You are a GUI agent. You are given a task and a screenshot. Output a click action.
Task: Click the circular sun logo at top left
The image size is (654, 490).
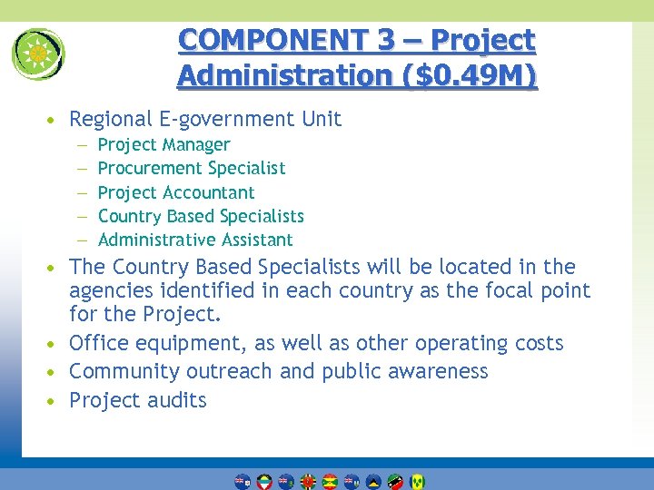click(38, 54)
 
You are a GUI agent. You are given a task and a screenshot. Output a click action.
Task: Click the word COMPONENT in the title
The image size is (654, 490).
click(243, 40)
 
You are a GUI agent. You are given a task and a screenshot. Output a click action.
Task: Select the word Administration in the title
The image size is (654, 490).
click(281, 74)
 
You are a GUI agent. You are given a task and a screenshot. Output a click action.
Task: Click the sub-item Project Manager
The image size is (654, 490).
click(163, 144)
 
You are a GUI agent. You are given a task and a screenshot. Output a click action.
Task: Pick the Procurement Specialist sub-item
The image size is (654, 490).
click(191, 168)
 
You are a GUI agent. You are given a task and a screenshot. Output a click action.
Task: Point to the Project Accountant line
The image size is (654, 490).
click(175, 192)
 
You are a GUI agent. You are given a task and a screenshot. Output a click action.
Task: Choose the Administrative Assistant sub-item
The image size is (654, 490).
click(194, 240)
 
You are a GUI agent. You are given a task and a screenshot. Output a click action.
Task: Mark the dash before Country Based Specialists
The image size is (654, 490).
click(81, 216)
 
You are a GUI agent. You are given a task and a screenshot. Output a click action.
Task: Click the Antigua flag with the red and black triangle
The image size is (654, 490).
click(264, 481)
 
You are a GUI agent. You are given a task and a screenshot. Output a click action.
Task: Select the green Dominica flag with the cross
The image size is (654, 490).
click(308, 481)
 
